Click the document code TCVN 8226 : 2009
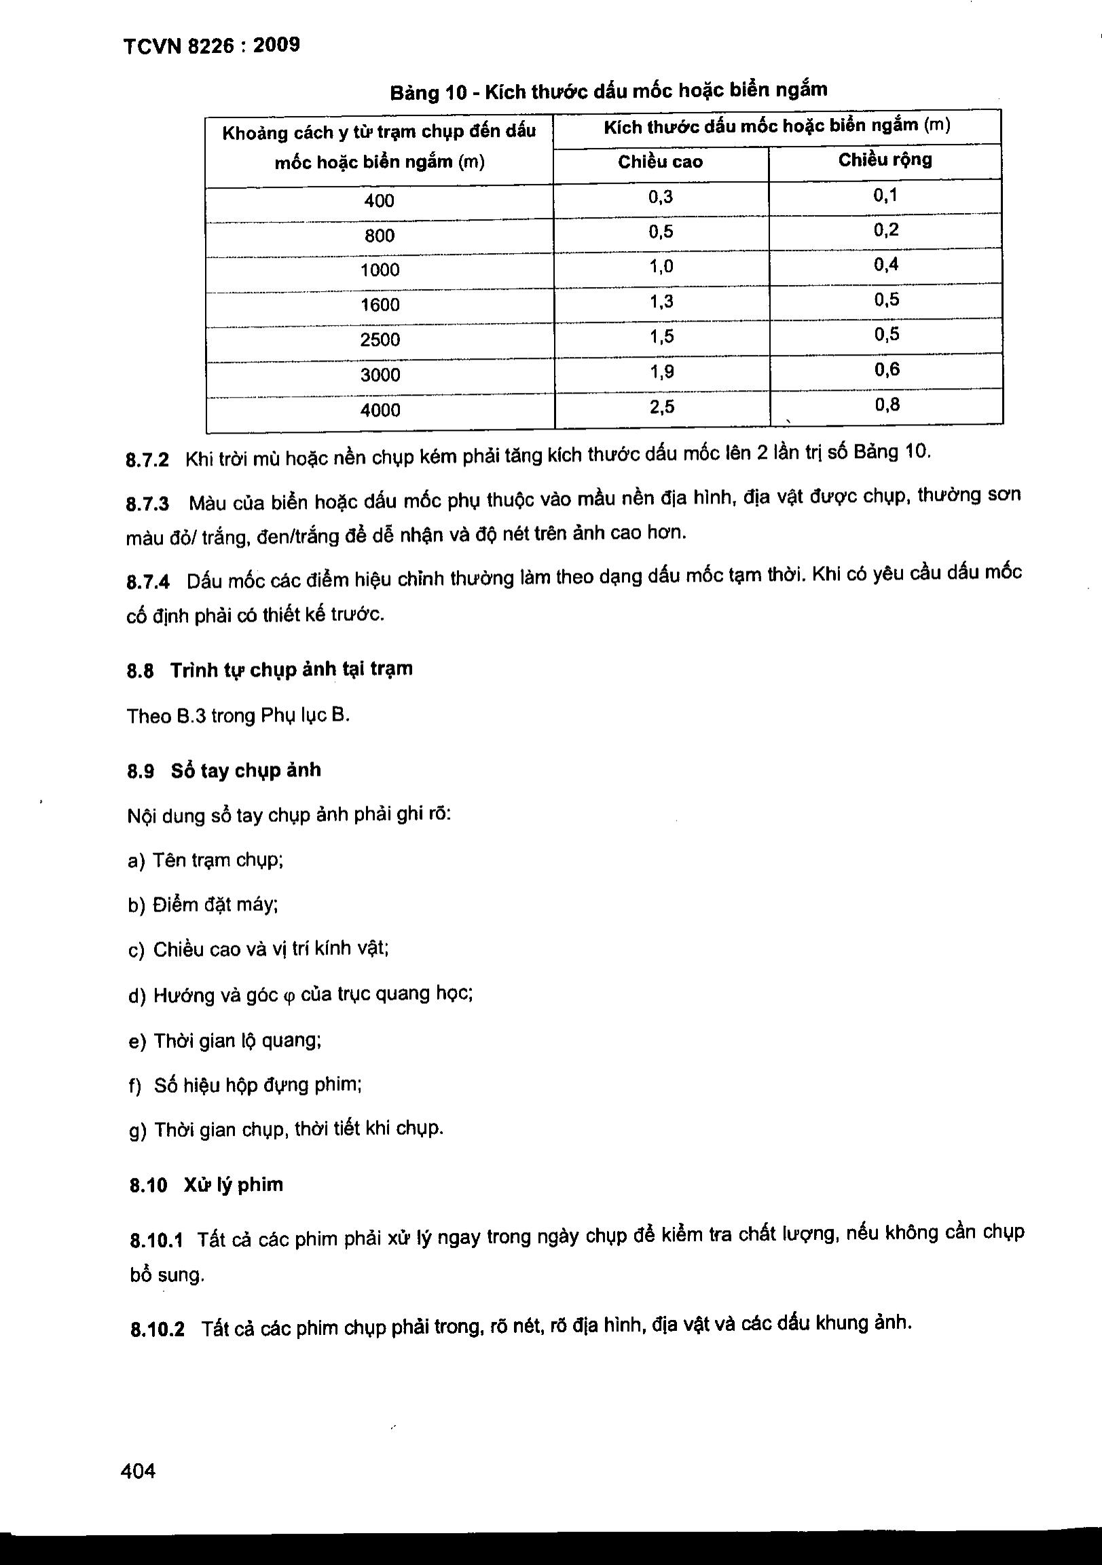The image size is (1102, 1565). click(x=211, y=46)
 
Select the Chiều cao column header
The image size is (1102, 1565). click(x=659, y=162)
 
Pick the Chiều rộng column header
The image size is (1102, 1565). click(x=885, y=160)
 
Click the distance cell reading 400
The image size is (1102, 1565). click(x=379, y=200)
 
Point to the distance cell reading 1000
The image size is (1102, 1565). click(x=380, y=270)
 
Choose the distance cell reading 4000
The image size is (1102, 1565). click(x=380, y=410)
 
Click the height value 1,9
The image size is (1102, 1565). click(x=661, y=372)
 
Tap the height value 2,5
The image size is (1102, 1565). click(x=661, y=408)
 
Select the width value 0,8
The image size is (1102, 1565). click(x=887, y=406)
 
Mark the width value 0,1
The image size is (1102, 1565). click(x=885, y=196)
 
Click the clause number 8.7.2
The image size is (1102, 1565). click(x=147, y=459)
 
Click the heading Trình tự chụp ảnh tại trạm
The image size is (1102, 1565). click(x=291, y=670)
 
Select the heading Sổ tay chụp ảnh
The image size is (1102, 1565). click(x=246, y=771)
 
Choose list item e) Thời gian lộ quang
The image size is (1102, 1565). click(x=224, y=1041)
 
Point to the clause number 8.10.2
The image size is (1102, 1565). click(x=157, y=1330)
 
